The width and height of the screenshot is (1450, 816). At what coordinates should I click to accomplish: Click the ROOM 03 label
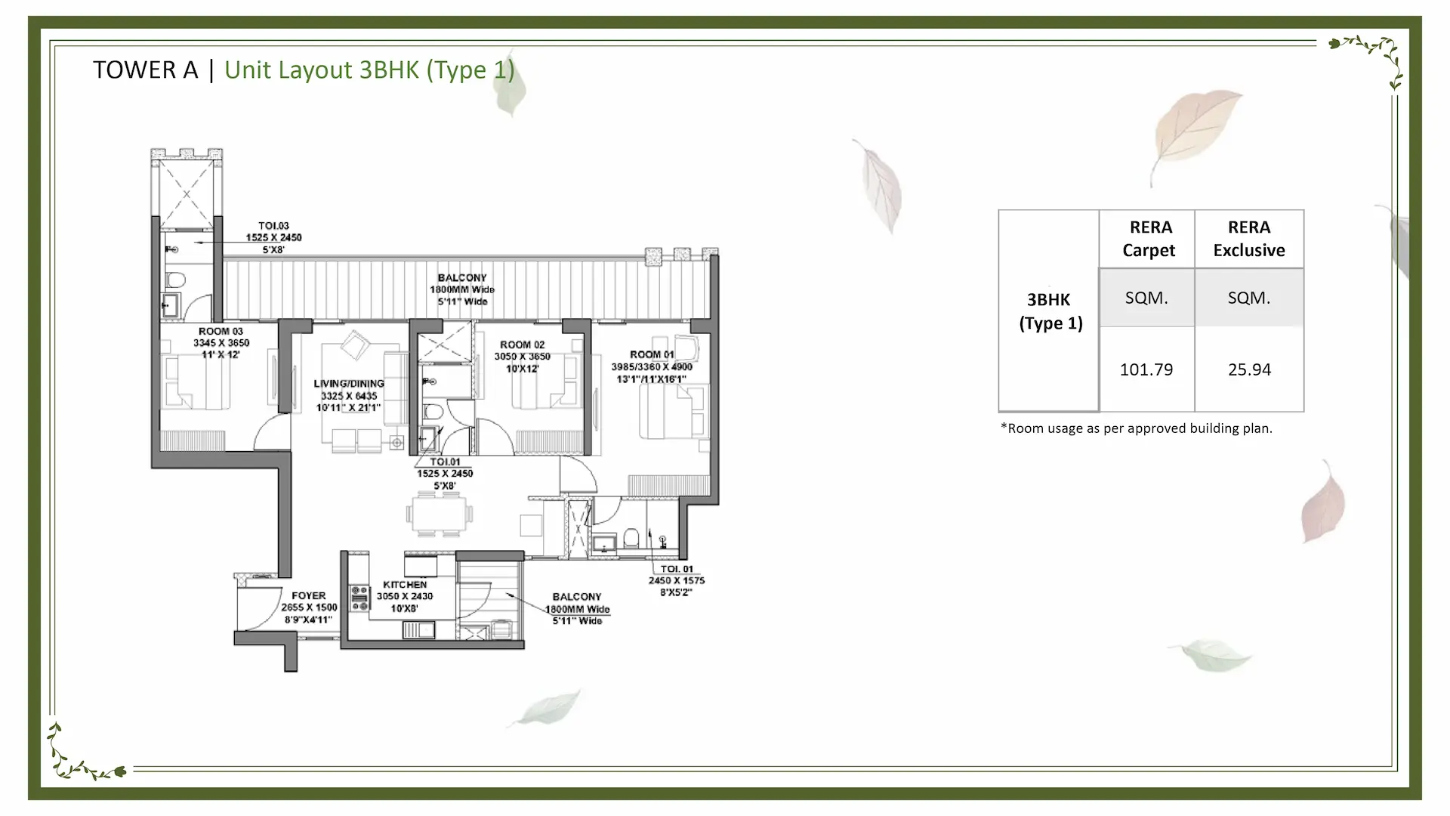tap(221, 331)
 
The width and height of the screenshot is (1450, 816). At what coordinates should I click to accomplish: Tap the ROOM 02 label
tap(522, 345)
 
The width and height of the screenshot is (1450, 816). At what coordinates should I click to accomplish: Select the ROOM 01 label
tap(652, 354)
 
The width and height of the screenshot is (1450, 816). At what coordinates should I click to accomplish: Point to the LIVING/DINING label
tap(349, 384)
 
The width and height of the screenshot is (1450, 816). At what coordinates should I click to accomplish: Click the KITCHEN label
tap(405, 584)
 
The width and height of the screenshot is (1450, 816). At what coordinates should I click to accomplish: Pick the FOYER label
tap(309, 595)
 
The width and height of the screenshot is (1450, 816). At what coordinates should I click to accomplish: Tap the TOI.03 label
tap(273, 226)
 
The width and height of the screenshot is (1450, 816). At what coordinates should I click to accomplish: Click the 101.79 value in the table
tap(1146, 369)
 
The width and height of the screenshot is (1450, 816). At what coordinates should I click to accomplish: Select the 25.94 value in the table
tap(1249, 369)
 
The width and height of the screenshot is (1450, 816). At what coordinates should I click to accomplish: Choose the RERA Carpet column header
tap(1149, 239)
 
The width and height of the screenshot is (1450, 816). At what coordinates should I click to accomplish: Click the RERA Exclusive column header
tap(1249, 239)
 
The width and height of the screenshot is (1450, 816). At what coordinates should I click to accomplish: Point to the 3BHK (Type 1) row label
tap(1050, 311)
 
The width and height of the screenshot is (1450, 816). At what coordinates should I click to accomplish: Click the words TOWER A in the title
tap(145, 70)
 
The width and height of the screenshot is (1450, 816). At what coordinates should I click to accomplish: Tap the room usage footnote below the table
tap(1136, 428)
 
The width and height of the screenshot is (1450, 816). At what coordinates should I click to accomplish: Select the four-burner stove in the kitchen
tap(359, 597)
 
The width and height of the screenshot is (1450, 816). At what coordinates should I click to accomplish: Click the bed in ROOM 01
tap(672, 413)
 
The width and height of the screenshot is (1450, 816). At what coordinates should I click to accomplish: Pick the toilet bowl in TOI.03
tap(175, 280)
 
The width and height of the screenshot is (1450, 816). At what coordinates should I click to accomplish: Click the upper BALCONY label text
tap(462, 278)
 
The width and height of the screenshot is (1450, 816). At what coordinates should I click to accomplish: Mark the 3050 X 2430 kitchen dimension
tap(405, 596)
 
